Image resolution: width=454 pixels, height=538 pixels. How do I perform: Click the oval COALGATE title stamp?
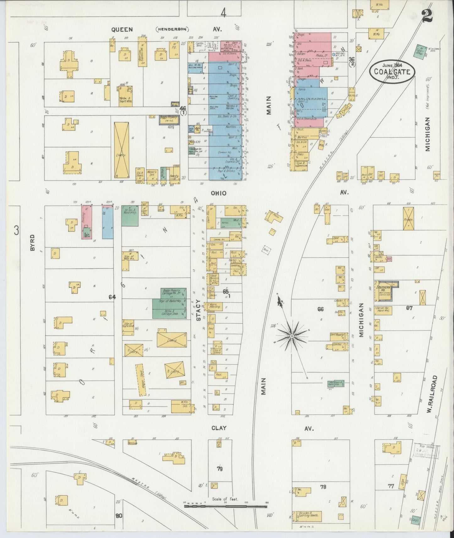[x=392, y=71]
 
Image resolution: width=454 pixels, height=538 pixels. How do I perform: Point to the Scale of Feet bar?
[x=225, y=506]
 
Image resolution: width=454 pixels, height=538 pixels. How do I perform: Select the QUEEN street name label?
[x=122, y=30]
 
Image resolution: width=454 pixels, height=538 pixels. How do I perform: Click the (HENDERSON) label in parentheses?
[x=172, y=30]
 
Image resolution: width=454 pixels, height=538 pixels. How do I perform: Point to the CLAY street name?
[x=219, y=428]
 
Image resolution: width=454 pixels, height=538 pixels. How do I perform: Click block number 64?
[x=112, y=297]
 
